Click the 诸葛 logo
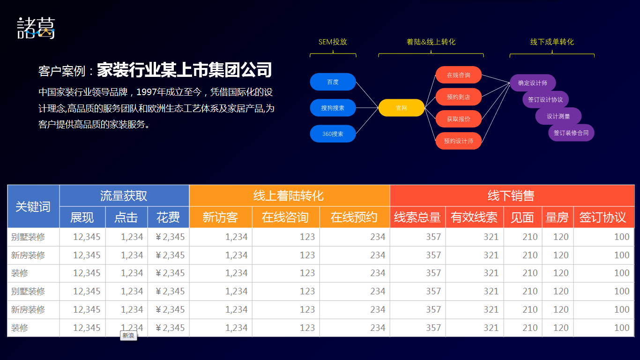click(36, 28)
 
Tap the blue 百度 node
click(333, 82)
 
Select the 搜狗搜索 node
click(333, 108)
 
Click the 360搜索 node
click(333, 134)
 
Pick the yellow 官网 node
click(402, 108)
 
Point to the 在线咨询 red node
click(459, 75)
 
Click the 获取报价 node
click(459, 119)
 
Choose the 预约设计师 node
click(459, 141)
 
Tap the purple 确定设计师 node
click(533, 83)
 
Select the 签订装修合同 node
click(571, 133)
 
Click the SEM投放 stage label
click(333, 42)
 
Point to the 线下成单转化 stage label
click(552, 42)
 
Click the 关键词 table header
click(33, 207)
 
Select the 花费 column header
click(168, 217)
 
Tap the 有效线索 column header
click(474, 217)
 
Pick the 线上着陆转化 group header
click(288, 196)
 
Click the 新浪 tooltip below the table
click(128, 336)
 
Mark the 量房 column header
click(557, 217)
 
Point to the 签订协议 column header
click(603, 217)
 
